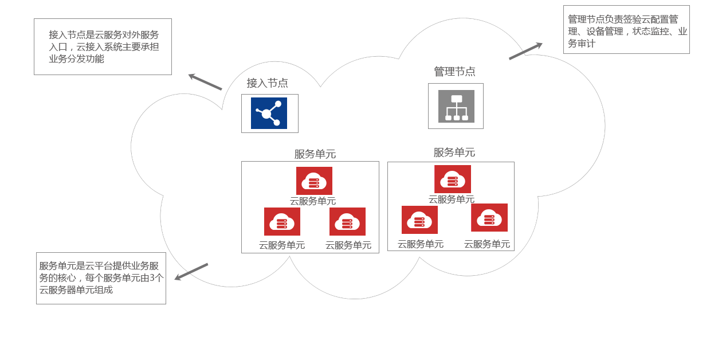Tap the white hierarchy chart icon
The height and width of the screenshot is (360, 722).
pos(456,107)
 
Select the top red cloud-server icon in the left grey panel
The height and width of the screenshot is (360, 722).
pos(314,181)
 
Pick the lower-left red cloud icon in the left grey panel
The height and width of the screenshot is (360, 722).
pos(282,221)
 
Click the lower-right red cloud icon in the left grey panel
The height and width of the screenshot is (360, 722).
pos(347,221)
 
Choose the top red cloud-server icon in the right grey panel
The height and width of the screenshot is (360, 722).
pos(453,179)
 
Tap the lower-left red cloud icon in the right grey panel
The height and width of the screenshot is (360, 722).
pos(419,220)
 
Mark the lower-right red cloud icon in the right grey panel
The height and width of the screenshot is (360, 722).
pos(489,217)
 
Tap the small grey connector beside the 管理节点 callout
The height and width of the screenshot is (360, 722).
pos(524,52)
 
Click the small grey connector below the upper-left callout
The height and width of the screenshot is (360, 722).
pos(206,83)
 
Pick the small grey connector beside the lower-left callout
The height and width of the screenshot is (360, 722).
pos(193,271)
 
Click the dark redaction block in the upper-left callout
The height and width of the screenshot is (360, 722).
pos(105,46)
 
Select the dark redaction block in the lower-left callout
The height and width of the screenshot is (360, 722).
pos(101,278)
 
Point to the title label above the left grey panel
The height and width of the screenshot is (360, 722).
pos(315,154)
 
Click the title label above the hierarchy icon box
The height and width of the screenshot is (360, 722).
pos(455,71)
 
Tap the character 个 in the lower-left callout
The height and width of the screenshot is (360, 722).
pos(159,277)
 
